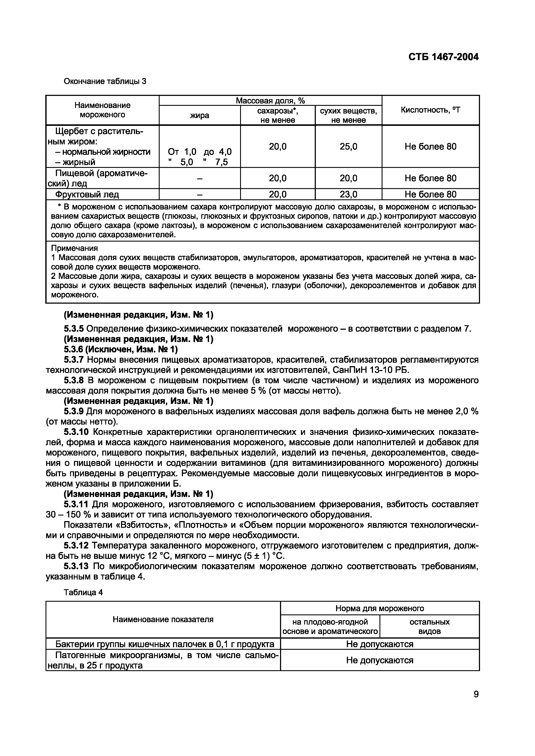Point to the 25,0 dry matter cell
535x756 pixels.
pos(348,147)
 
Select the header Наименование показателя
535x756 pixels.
pos(163,619)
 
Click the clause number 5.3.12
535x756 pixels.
pos(76,546)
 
